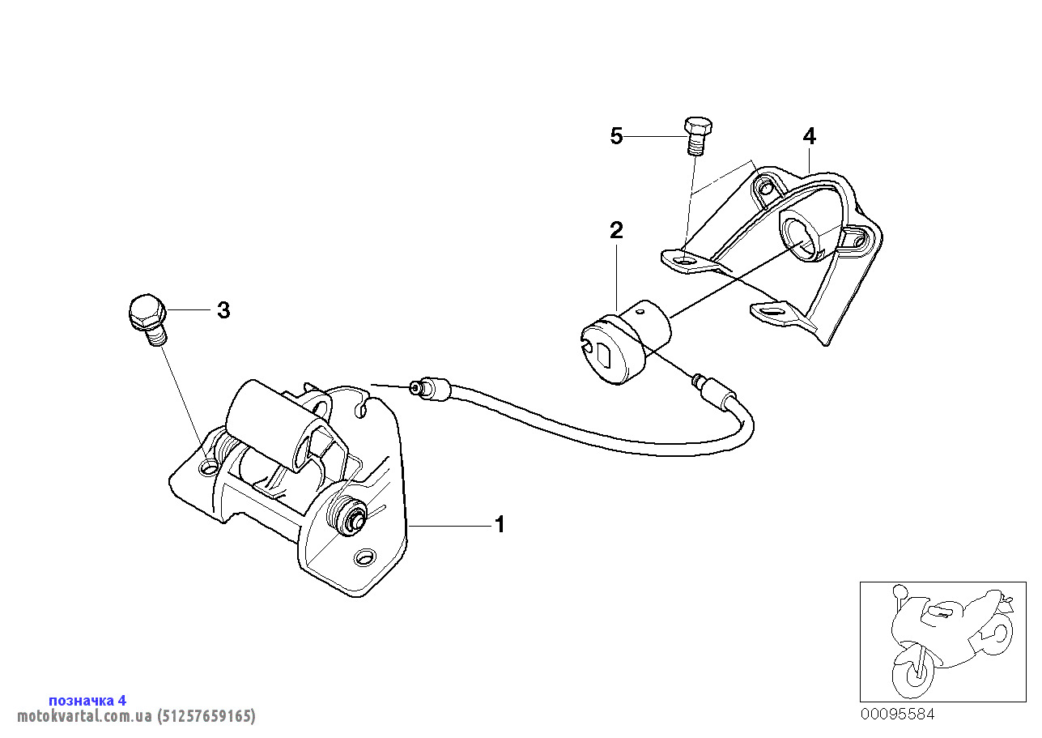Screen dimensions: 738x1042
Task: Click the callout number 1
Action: point(500,525)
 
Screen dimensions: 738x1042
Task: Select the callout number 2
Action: point(616,230)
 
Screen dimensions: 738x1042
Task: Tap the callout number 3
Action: point(223,310)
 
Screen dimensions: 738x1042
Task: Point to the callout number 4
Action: point(809,136)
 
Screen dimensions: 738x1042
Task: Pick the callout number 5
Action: point(617,136)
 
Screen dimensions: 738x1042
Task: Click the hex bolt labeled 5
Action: point(696,134)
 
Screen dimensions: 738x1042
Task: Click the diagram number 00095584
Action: point(897,715)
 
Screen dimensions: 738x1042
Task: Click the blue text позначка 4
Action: point(87,700)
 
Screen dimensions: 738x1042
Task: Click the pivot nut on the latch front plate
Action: point(351,516)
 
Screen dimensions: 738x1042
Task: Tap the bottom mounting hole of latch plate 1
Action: point(364,557)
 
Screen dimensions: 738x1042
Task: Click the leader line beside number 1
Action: point(449,526)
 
